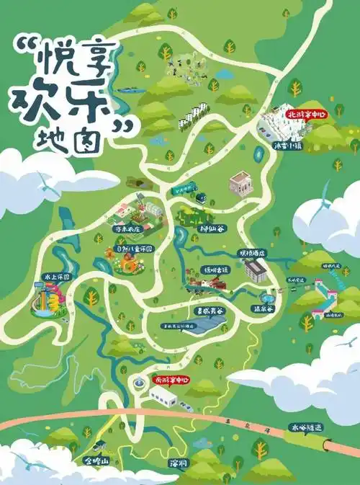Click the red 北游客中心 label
[x=306, y=114]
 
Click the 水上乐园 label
[x=56, y=276]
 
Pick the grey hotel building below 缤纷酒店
[x=254, y=270]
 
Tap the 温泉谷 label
[x=263, y=308]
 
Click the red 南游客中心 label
[x=171, y=379]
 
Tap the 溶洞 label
[x=178, y=462]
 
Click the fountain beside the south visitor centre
[x=137, y=381]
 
